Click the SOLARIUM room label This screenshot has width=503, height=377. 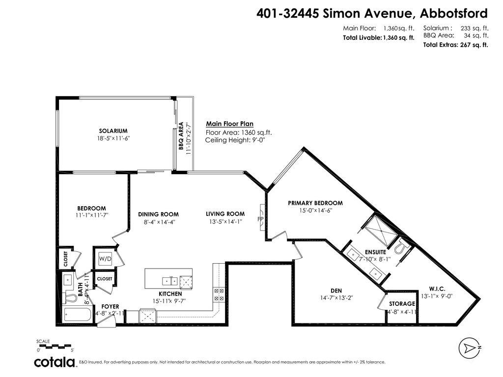(113, 131)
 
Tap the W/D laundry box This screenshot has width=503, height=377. (105, 259)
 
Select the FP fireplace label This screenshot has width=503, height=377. (260, 219)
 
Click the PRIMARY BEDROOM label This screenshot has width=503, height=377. (315, 203)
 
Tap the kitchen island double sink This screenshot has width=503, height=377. (169, 280)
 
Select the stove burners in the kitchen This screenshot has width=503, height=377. (219, 294)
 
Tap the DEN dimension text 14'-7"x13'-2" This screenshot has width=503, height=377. (336, 297)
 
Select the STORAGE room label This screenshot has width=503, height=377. (402, 304)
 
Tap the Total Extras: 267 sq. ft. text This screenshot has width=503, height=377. (455, 45)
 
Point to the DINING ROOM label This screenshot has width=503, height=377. (158, 214)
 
